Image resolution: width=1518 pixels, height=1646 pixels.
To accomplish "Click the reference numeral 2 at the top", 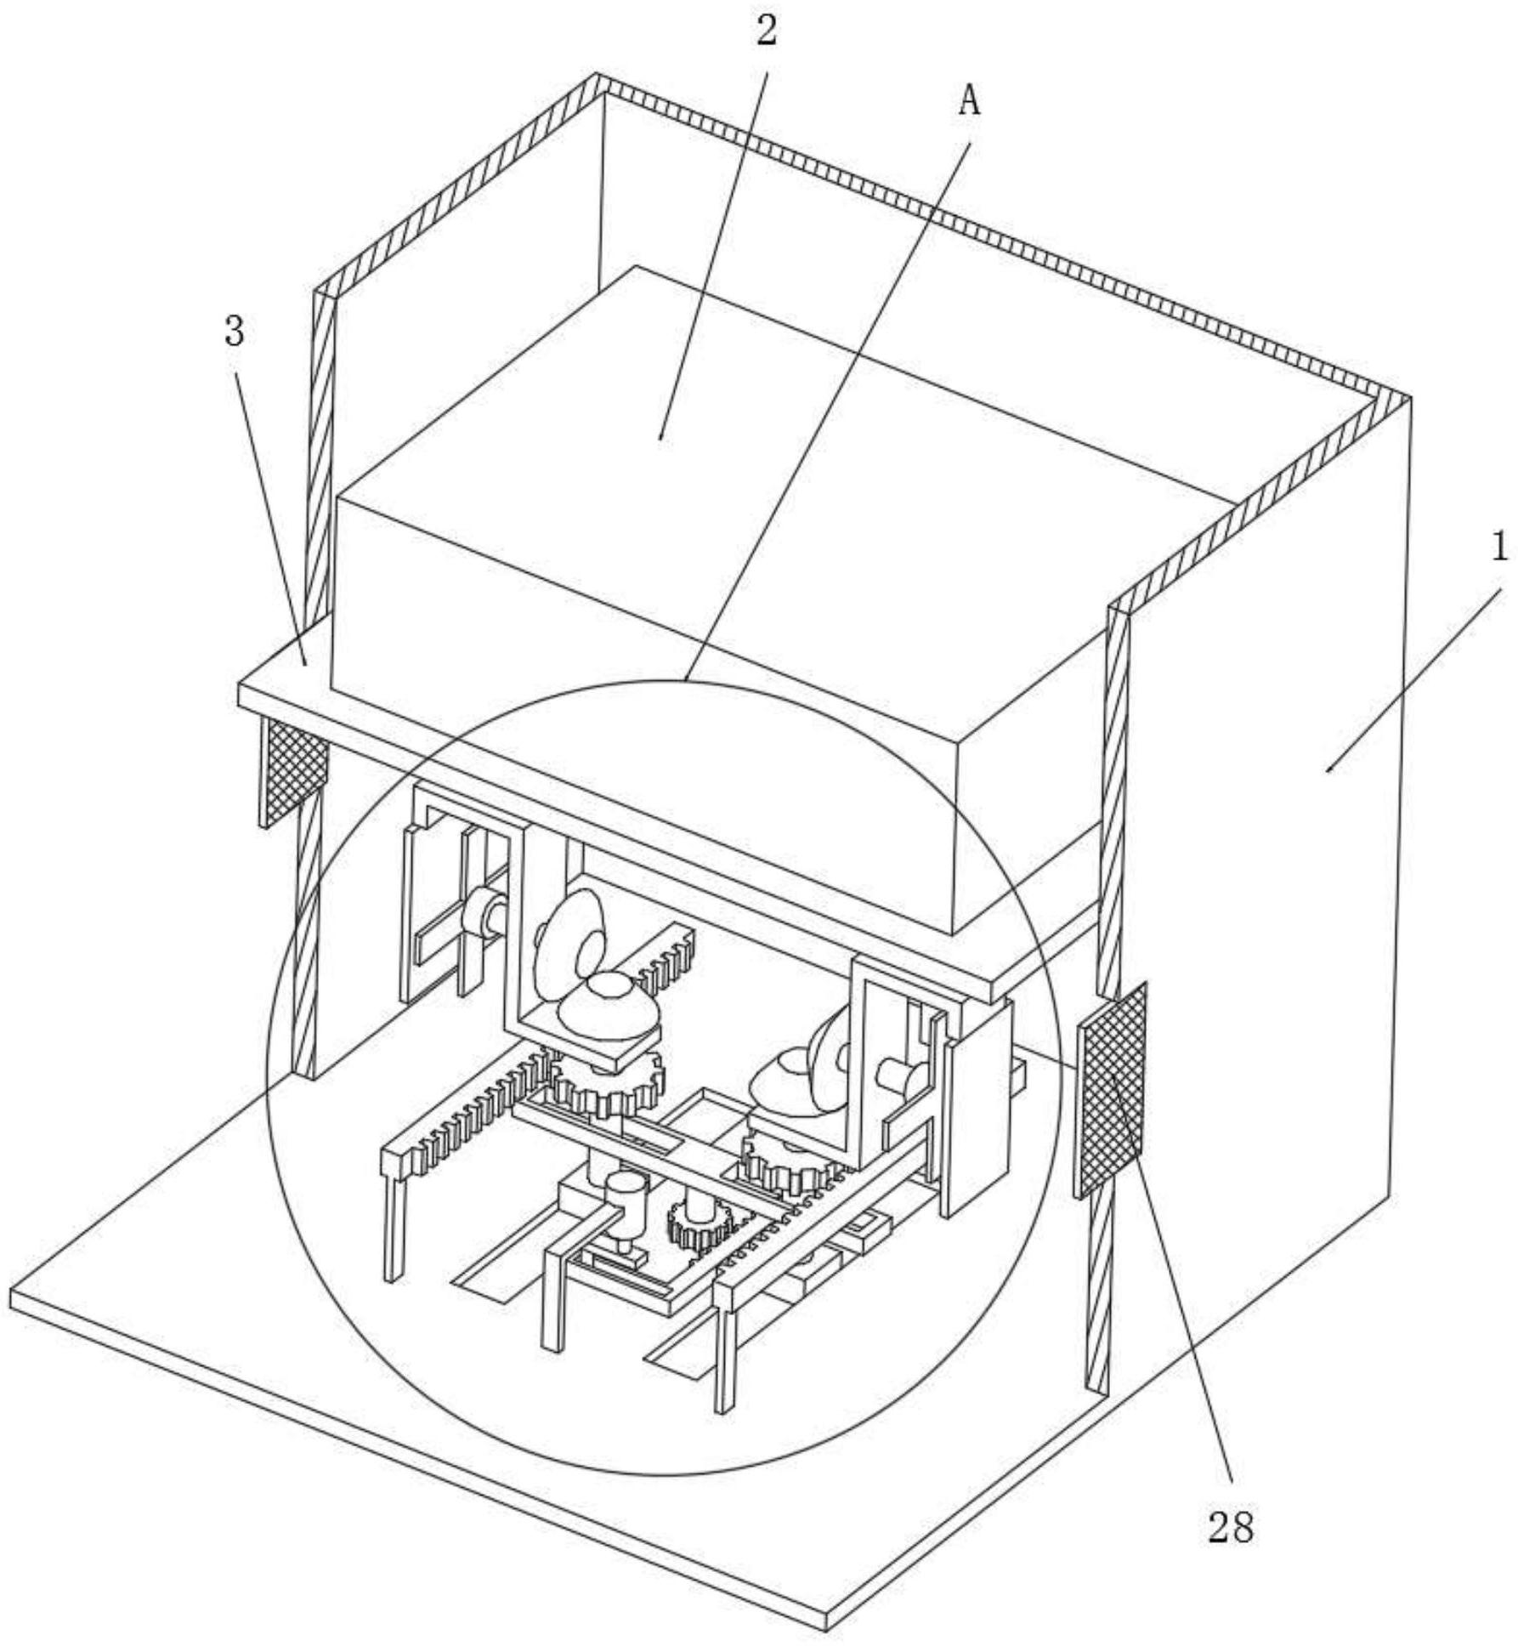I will (x=767, y=32).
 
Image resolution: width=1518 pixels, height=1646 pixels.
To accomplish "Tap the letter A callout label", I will (x=969, y=104).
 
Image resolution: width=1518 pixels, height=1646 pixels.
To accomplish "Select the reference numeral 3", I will (x=235, y=332).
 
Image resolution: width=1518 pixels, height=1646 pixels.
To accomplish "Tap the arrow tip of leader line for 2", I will (x=660, y=440).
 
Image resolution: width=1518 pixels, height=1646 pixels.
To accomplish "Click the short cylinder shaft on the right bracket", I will (x=899, y=1078).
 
